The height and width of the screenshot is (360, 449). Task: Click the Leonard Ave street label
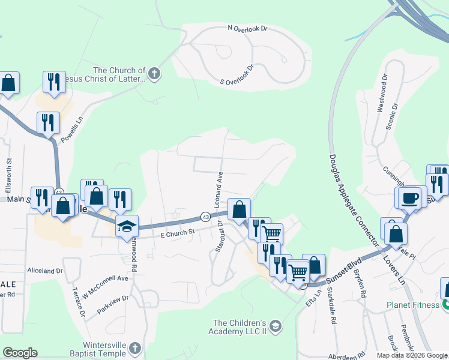220,187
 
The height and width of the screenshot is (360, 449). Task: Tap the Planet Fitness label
413,305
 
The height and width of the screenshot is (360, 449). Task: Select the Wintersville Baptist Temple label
96,349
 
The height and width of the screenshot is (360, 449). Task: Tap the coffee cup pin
411,198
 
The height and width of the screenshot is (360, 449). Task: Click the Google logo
20,353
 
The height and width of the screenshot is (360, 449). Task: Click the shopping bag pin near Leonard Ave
239,210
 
